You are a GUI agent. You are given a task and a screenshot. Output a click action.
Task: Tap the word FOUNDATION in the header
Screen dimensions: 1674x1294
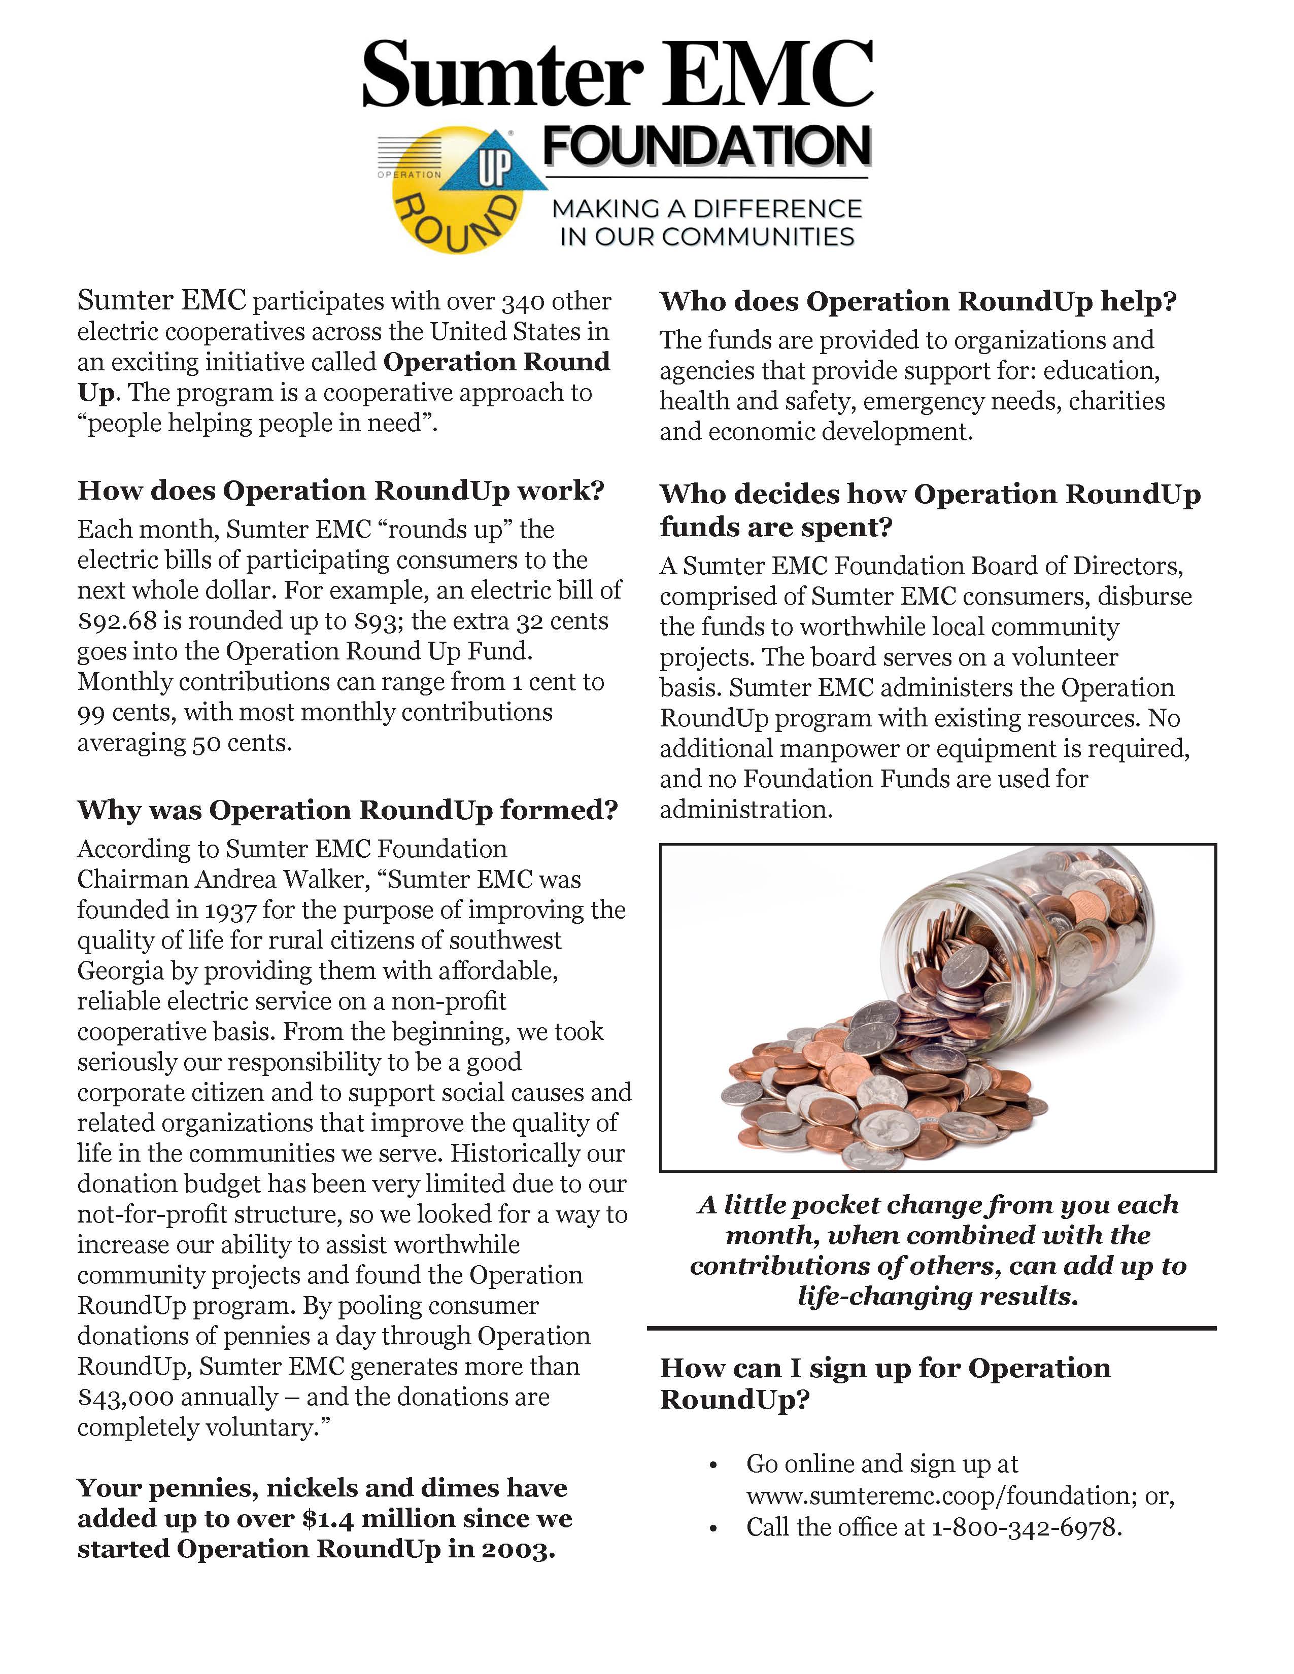(x=707, y=146)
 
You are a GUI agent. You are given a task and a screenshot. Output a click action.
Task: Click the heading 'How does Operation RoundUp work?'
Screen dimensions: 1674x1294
(x=341, y=491)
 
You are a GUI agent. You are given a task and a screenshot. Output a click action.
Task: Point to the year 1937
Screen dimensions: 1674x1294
(x=229, y=910)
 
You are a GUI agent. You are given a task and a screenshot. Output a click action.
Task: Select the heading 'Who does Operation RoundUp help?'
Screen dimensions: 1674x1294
(x=917, y=301)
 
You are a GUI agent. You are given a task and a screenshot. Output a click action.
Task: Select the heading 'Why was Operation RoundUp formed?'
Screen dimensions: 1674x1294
(x=347, y=810)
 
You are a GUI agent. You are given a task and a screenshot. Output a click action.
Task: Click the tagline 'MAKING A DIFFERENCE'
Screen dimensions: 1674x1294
(x=707, y=208)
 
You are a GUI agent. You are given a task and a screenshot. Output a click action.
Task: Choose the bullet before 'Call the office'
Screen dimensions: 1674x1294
(x=713, y=1529)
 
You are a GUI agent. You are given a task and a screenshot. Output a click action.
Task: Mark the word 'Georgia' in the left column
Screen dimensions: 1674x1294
(x=120, y=971)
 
